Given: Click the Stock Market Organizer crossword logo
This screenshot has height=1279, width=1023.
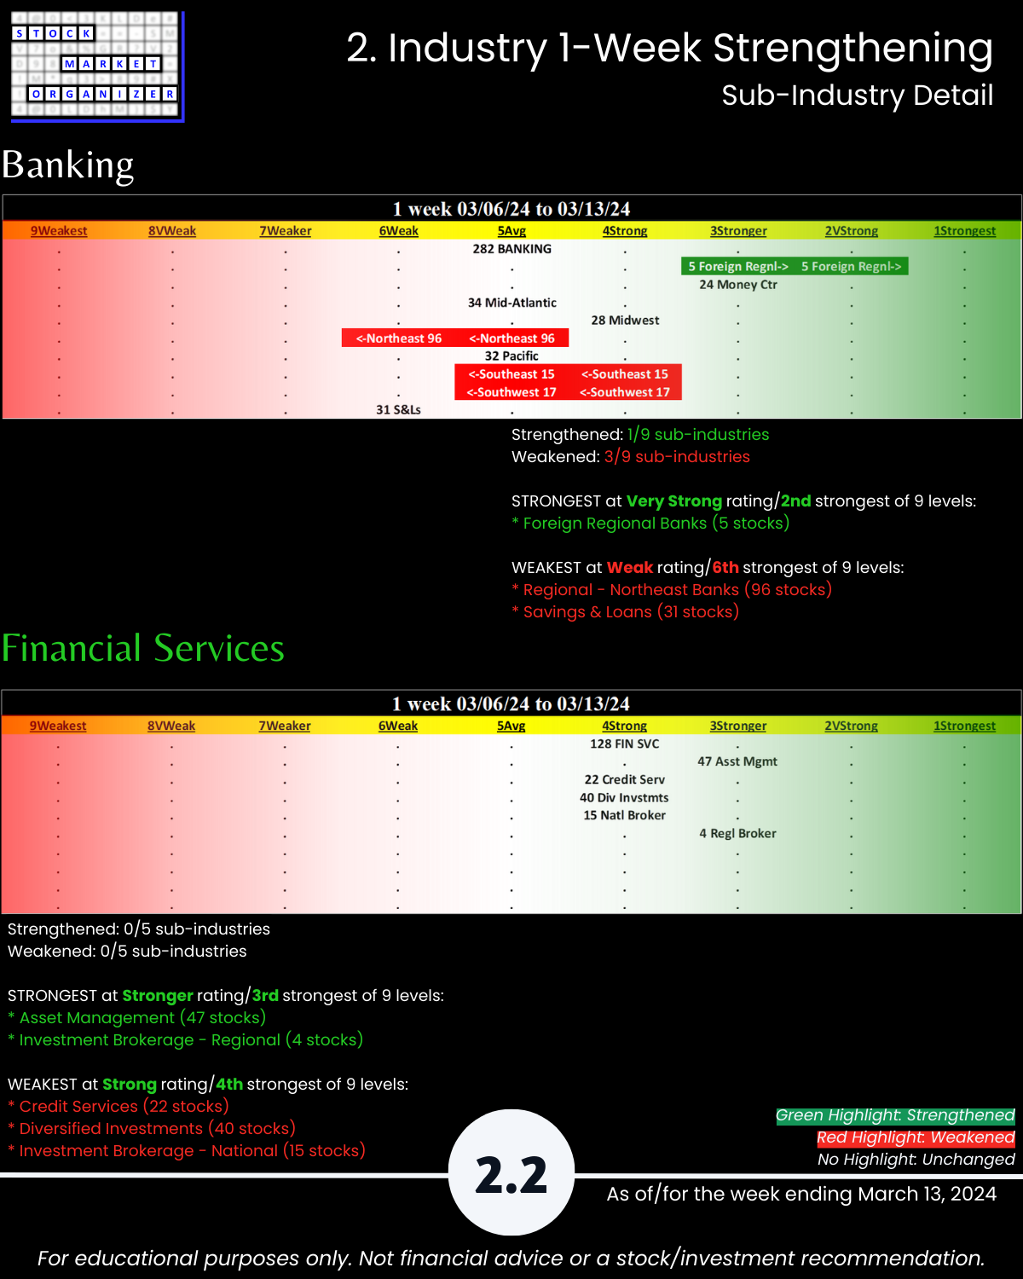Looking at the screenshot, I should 96,66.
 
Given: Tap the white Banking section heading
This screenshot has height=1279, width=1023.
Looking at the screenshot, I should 68,165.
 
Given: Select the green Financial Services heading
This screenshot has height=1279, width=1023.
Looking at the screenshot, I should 143,648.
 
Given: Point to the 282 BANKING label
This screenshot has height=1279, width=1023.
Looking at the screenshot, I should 511,249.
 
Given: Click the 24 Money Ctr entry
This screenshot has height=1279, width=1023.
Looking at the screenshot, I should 738,285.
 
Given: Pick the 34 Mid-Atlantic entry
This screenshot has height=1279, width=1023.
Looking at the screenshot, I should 511,303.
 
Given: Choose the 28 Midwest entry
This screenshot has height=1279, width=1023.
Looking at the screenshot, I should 625,321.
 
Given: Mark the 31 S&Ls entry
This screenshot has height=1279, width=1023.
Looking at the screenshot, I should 398,410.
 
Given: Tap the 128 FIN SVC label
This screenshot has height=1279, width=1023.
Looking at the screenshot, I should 625,744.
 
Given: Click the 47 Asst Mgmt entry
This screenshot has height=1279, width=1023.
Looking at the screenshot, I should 737,761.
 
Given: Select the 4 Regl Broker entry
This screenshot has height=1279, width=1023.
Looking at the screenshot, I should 737,833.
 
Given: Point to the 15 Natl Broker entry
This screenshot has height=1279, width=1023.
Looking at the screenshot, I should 625,815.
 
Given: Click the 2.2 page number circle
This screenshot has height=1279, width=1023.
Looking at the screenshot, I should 511,1173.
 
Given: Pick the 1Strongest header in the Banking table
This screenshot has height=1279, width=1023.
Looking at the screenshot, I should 964,231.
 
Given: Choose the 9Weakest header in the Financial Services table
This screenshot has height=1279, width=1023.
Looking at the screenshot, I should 58,726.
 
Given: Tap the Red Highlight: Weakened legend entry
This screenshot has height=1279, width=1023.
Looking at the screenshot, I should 916,1137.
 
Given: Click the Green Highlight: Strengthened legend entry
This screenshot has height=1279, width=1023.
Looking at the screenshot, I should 895,1115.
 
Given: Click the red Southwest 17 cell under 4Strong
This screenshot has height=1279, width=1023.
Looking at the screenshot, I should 625,392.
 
